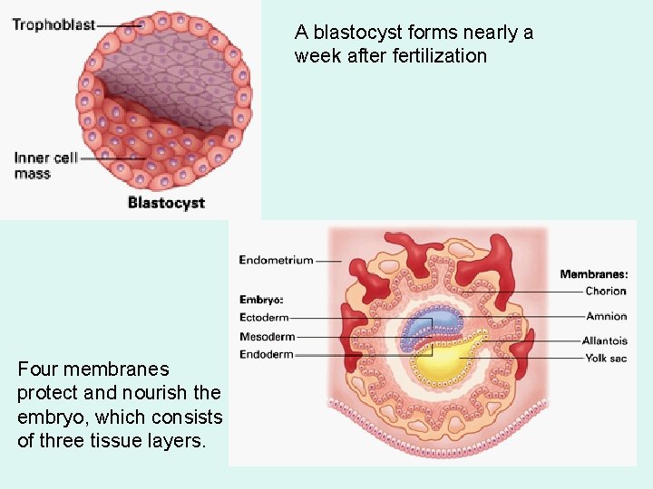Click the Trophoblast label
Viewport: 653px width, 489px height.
tap(54, 24)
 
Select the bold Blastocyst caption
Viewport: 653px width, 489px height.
tap(166, 203)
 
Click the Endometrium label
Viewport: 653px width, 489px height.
tap(276, 260)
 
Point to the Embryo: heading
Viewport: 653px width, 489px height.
tap(261, 299)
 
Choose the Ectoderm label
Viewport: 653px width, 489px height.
tap(264, 317)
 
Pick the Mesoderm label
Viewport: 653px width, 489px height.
tap(267, 336)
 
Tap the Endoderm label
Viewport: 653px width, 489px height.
tap(267, 354)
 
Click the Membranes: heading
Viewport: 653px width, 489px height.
tap(593, 273)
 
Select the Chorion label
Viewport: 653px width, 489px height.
tap(606, 291)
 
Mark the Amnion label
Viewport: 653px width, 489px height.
tap(606, 316)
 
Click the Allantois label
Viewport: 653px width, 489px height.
tap(605, 340)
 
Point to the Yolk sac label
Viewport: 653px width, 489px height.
tap(606, 358)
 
